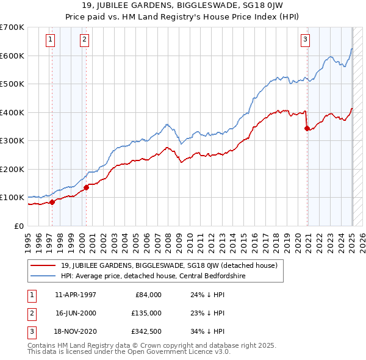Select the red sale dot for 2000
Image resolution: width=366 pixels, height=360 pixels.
pos(86,187)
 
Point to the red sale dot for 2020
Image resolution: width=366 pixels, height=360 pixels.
pos(307,128)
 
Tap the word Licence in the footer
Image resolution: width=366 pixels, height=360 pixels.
pos(198,351)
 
